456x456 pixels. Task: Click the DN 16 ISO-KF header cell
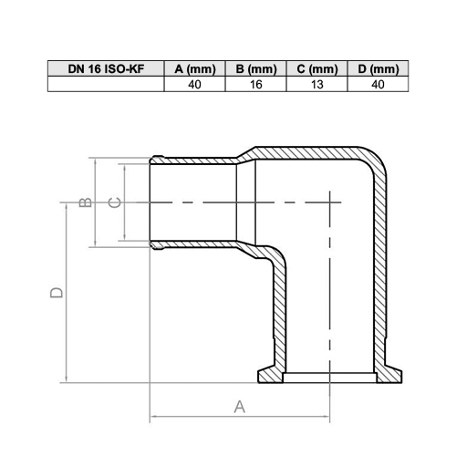[106, 68]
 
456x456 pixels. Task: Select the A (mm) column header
[195, 69]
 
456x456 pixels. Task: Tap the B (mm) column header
[256, 69]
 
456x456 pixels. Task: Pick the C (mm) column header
[317, 69]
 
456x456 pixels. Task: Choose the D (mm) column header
[378, 69]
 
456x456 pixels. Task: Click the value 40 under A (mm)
[194, 84]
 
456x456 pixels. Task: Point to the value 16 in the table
[256, 84]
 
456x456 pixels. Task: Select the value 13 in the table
[317, 84]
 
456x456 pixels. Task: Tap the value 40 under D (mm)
[378, 84]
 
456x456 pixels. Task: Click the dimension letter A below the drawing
[240, 407]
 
